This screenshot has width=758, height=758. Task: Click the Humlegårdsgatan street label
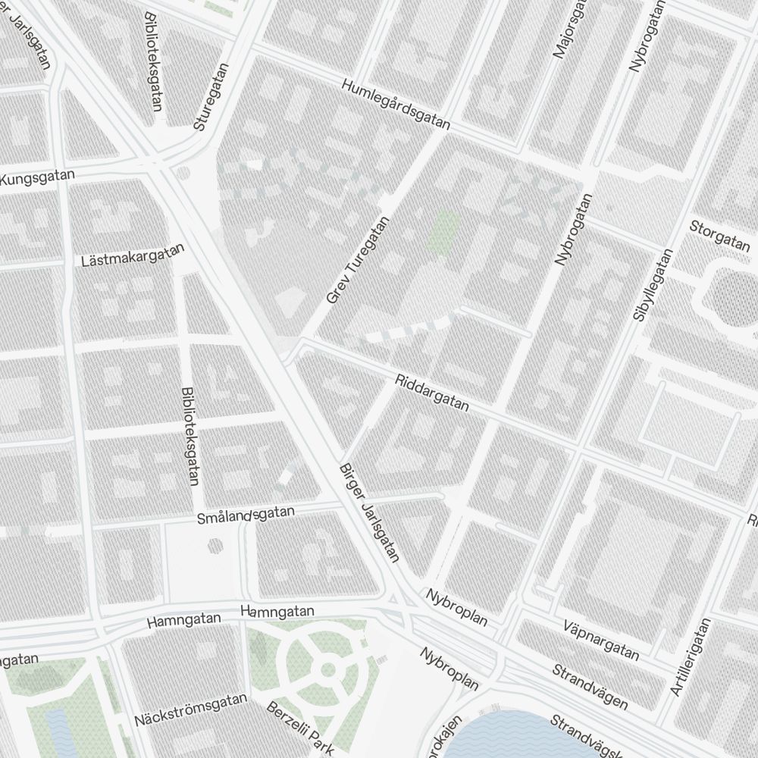[396, 105]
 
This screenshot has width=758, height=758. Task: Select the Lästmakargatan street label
[133, 255]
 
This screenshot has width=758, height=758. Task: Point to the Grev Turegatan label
[357, 260]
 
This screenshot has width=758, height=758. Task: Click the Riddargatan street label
[432, 392]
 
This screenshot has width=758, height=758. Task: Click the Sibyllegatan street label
[653, 285]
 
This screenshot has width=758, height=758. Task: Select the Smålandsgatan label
[245, 515]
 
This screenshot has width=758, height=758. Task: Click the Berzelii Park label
[301, 728]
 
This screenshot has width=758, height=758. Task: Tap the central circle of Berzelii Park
[328, 669]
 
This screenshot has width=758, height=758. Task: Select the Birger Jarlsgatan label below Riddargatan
[369, 512]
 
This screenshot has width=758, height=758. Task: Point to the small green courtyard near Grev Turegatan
[443, 230]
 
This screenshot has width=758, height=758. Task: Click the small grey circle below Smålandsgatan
[215, 544]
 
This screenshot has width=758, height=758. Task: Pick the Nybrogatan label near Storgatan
[575, 228]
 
